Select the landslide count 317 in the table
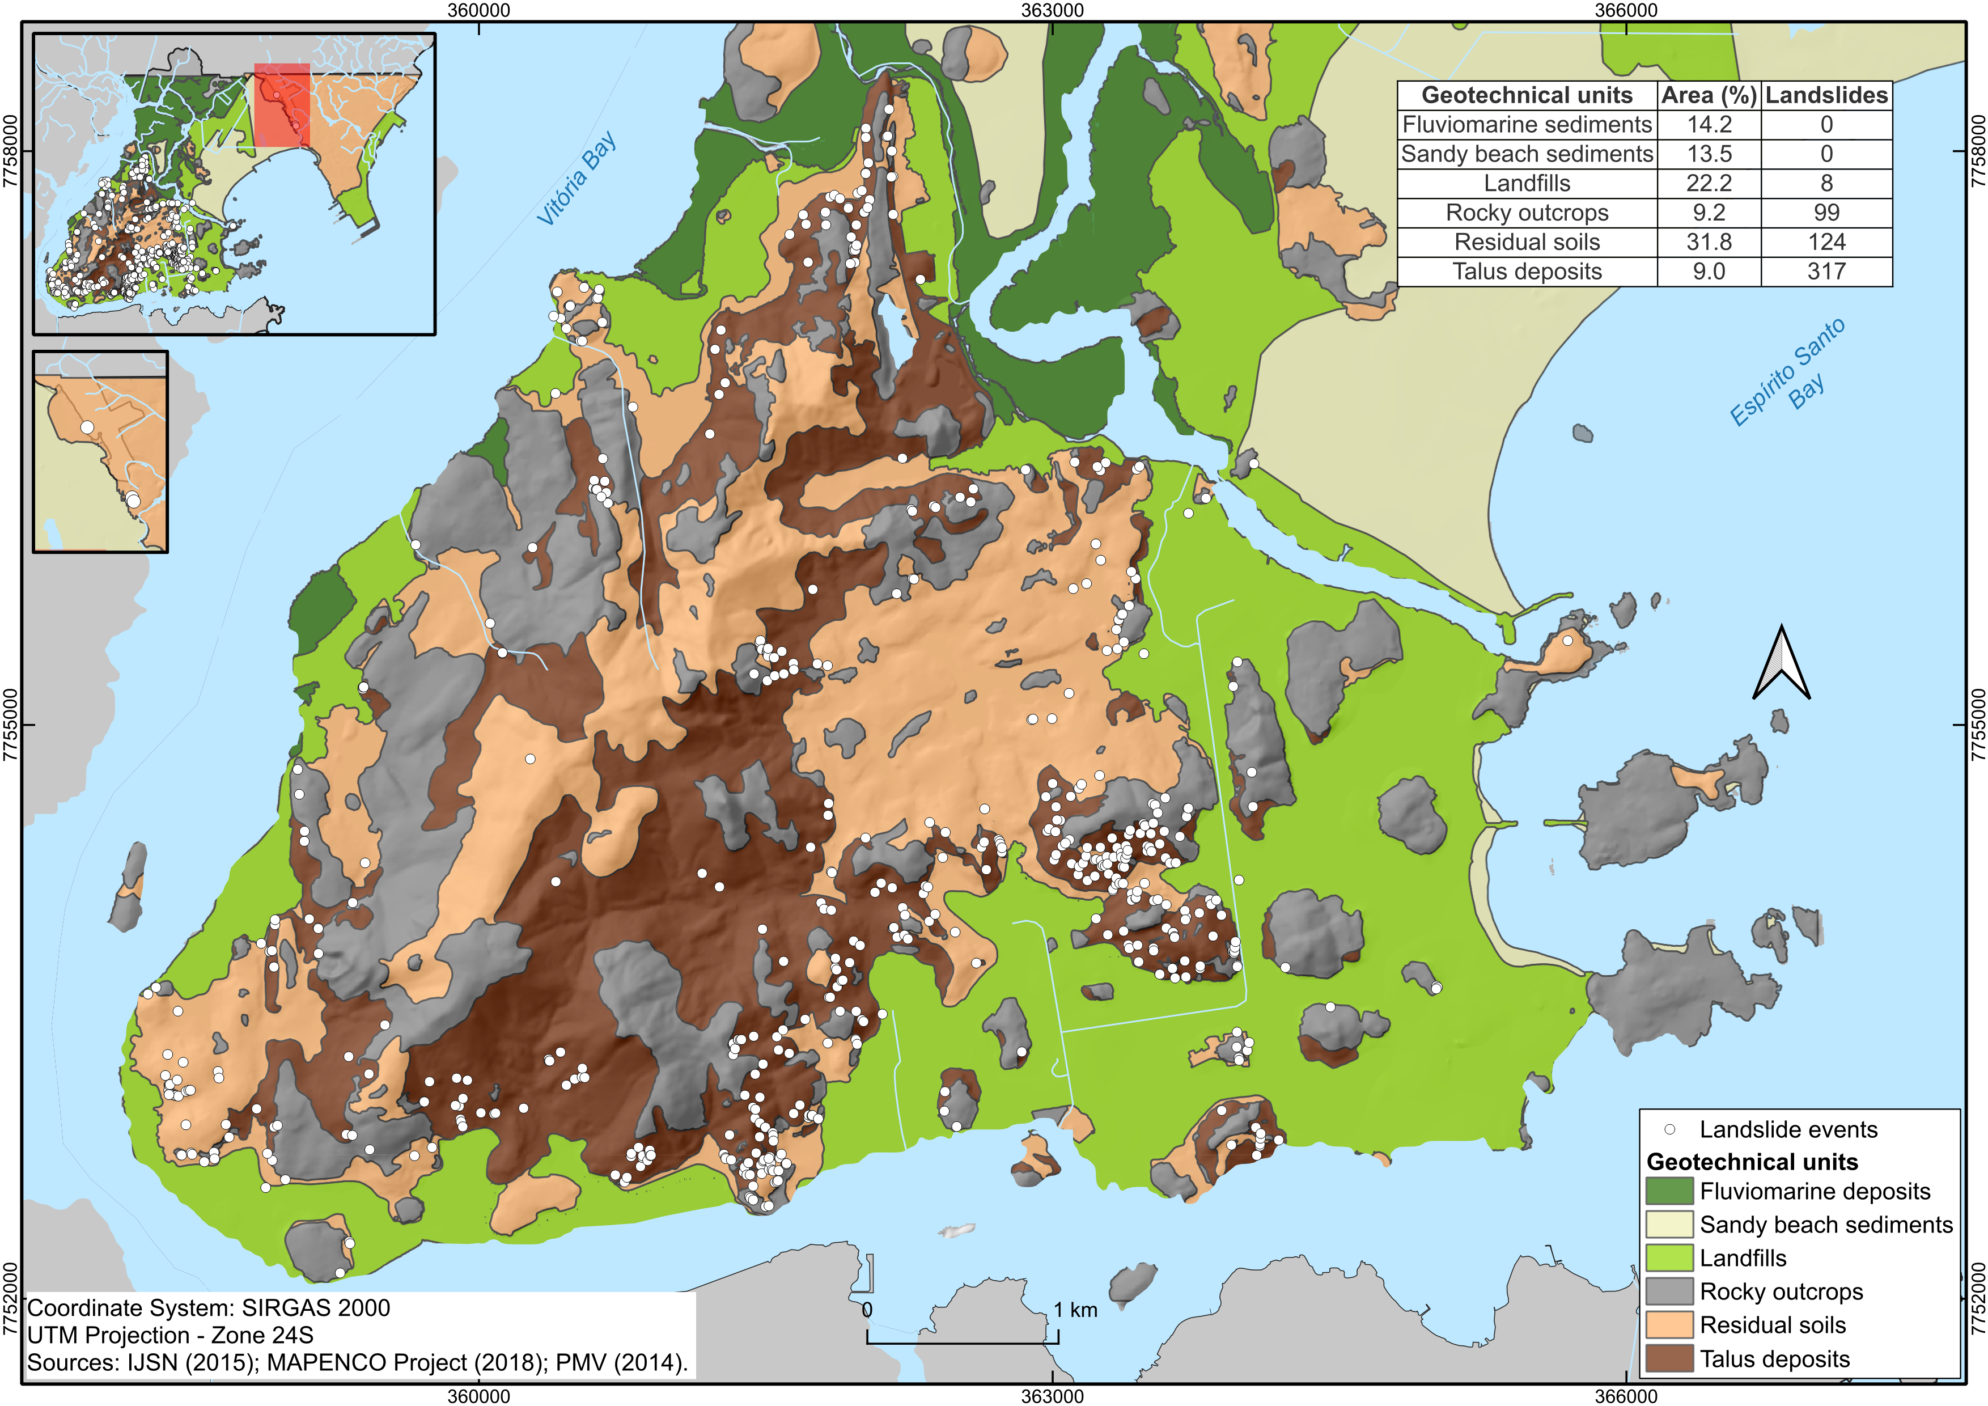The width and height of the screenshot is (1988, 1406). click(x=1826, y=272)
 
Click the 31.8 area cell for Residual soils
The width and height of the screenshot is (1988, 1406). click(x=1709, y=243)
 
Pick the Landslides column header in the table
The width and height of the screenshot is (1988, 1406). click(x=1826, y=95)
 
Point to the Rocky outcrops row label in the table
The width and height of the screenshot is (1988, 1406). click(x=1527, y=213)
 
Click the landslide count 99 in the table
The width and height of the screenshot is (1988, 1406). click(x=1826, y=213)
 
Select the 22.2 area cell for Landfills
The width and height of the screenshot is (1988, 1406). click(x=1709, y=184)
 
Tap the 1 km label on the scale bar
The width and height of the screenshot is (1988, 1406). click(x=1075, y=1310)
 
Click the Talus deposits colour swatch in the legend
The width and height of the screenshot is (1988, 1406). click(x=1668, y=1360)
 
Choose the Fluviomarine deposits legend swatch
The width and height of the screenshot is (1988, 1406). click(x=1668, y=1191)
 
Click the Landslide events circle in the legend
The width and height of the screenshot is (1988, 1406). click(x=1669, y=1130)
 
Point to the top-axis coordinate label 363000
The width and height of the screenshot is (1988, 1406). click(x=1052, y=10)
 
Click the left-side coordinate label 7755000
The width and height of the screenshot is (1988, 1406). click(x=10, y=726)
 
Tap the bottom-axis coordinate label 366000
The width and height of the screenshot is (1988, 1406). click(x=1626, y=1396)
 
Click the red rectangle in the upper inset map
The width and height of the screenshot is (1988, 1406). click(x=282, y=104)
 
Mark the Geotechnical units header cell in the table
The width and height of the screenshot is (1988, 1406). click(x=1527, y=95)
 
